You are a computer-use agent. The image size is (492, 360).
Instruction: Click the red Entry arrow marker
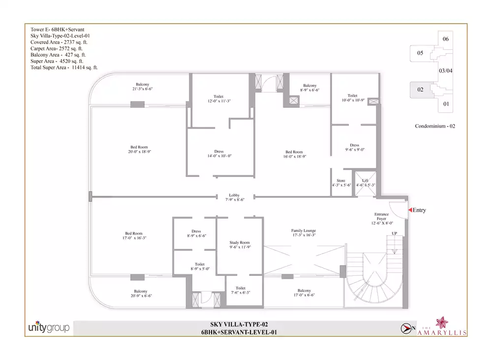pos(410,210)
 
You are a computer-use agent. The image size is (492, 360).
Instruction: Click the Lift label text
pos(365,181)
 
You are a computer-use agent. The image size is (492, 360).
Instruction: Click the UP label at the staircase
pos(395,233)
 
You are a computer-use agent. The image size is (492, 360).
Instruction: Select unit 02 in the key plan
pos(421,90)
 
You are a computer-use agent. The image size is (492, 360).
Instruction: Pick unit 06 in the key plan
pos(446,39)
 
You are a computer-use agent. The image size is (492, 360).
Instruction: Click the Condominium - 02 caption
pos(435,126)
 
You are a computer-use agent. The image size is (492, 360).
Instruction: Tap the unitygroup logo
pos(49,327)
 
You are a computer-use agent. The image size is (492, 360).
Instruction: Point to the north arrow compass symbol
pos(406,328)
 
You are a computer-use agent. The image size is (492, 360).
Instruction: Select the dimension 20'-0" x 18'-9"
pos(139,152)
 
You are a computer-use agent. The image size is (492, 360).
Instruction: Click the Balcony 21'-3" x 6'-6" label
pos(143,86)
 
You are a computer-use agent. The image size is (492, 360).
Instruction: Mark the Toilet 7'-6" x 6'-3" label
pos(241,290)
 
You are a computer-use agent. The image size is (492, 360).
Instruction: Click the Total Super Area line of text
pos(64,67)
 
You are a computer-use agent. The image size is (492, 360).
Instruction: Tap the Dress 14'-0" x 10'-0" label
pos(219,154)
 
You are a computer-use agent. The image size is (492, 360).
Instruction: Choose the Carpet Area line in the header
pos(57,49)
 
